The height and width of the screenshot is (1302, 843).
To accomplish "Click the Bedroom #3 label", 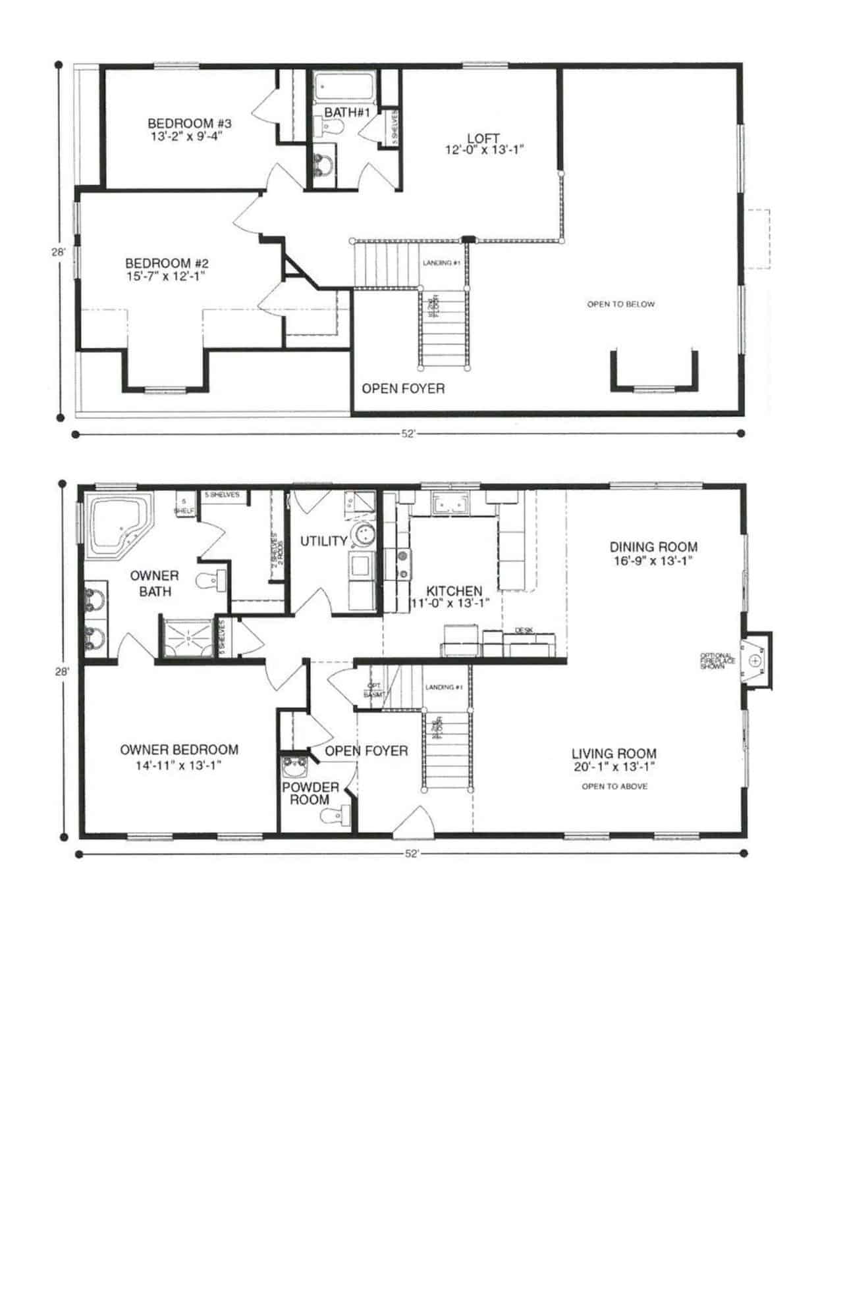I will point(189,123).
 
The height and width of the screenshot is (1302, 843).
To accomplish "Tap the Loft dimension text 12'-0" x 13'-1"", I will point(484,150).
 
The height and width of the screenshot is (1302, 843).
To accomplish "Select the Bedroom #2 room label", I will point(167,263).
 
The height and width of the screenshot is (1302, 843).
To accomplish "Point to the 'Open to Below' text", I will point(620,304).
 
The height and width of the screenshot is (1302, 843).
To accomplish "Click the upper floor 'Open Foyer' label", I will point(403,388).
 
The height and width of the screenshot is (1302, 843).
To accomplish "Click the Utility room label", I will point(323,541).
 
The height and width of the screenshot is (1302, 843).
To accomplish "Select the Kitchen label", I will point(454,590).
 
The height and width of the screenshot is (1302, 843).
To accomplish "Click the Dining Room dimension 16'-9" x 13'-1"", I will point(653,561).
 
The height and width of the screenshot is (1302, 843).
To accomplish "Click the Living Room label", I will point(613,754).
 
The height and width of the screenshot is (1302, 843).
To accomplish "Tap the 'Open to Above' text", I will point(614,786).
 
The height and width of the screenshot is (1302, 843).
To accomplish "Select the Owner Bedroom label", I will point(179,749).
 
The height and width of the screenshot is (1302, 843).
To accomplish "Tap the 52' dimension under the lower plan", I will point(411,854).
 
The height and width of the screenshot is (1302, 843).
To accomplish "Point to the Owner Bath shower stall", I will point(187,637).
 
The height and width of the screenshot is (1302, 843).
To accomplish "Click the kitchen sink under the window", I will point(450,504).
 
